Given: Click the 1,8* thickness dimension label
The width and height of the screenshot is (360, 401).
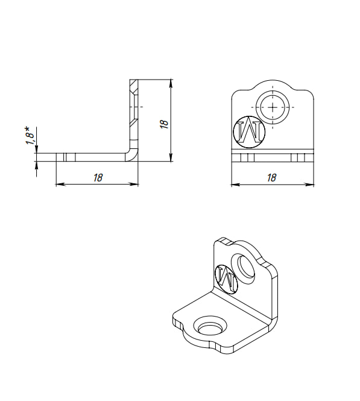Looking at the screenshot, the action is pos(30,136).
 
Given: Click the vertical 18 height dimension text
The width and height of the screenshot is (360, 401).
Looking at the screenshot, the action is pos(165,124).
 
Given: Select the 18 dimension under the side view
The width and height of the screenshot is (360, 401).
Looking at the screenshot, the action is pos(98,177).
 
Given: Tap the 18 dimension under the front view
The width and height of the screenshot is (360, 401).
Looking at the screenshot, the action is pos(271,177).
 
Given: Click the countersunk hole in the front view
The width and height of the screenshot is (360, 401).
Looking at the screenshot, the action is pos(273,107).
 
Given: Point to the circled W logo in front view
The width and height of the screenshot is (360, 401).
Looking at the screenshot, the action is pos(249,132).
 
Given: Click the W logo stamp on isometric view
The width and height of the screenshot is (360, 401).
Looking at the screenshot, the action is pos(227,279).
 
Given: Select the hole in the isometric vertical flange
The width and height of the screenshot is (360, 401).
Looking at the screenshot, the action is pos(243,269).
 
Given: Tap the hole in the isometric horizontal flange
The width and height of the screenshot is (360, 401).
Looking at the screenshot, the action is pos(210,326).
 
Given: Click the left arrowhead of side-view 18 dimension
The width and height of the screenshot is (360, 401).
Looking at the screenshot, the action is pos(60,184).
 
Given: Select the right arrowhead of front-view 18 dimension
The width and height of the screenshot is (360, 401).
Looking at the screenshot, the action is pos(309,184).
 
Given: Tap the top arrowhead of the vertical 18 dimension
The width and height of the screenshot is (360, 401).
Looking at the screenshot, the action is pos(171,83).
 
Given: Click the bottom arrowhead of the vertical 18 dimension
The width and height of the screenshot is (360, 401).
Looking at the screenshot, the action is pos(171,157).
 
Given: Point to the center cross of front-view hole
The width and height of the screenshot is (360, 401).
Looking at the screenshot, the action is pos(273,107).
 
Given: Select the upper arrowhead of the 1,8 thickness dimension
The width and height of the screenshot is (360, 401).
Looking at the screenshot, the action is pos(37,150).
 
